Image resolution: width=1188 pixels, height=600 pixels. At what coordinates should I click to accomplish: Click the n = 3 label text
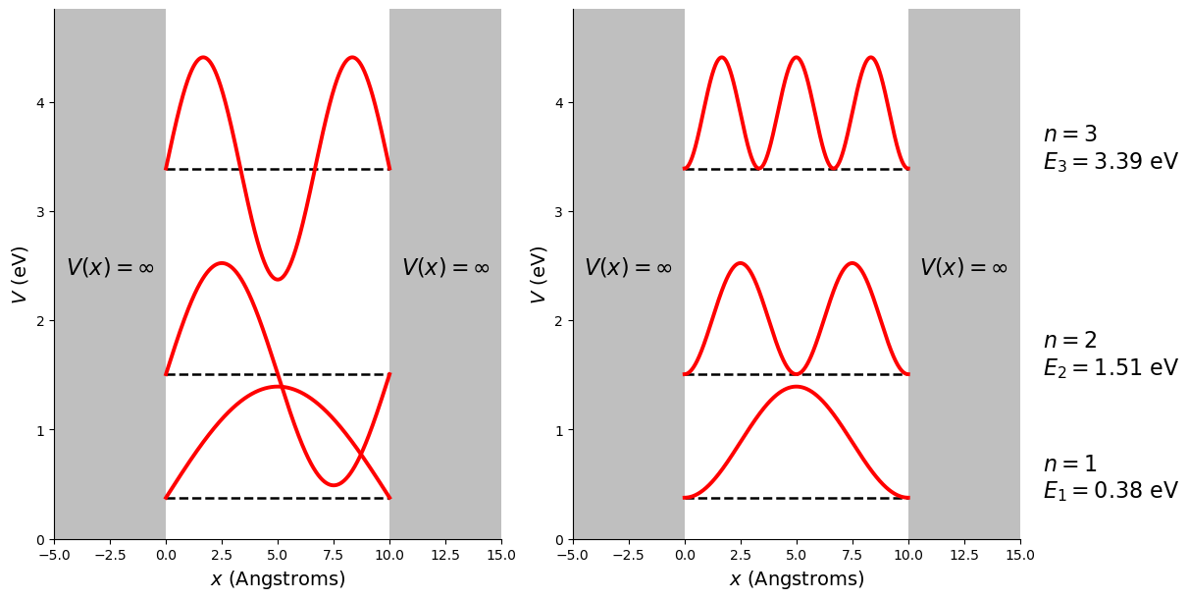(x=1069, y=135)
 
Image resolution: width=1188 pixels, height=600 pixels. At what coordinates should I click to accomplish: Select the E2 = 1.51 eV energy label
(x=1110, y=368)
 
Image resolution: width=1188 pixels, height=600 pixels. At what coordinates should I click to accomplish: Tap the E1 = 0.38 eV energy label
(x=1110, y=491)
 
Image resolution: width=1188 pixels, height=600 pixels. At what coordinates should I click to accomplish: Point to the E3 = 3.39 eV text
(x=1110, y=162)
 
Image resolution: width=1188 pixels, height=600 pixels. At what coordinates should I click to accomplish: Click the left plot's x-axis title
(x=278, y=579)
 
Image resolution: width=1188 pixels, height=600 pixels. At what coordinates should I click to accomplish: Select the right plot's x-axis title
(x=797, y=579)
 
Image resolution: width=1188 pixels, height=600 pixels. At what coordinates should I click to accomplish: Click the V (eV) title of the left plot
(x=21, y=274)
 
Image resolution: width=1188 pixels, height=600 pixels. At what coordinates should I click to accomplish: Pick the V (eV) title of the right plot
(x=539, y=274)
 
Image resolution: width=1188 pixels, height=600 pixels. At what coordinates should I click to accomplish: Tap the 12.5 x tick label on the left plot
(x=445, y=556)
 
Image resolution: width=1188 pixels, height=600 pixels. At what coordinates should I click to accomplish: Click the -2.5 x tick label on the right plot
(x=628, y=556)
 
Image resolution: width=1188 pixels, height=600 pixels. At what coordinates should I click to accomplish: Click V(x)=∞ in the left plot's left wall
(x=110, y=268)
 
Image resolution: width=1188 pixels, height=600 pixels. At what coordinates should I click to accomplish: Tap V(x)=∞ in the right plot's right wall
(x=963, y=268)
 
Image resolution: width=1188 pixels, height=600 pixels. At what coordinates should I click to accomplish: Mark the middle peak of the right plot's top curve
(x=797, y=58)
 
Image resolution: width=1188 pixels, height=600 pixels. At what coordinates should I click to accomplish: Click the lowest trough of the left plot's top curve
(x=278, y=279)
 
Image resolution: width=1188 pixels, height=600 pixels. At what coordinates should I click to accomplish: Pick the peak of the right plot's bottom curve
(x=797, y=387)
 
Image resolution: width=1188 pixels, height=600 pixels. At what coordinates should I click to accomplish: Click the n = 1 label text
(x=1069, y=464)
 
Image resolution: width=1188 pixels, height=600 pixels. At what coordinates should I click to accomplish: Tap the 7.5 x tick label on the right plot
(x=852, y=556)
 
